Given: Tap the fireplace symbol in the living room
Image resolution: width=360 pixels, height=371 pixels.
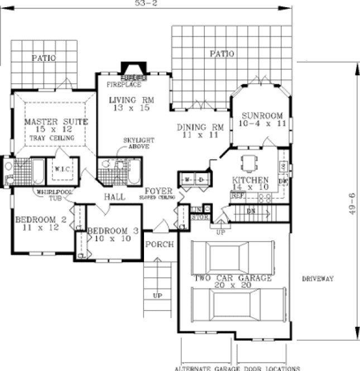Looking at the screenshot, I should click(x=133, y=71).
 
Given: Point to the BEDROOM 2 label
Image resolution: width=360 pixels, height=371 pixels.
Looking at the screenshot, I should click(x=41, y=220).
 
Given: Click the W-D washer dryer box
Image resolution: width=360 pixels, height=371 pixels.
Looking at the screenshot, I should click(x=195, y=179).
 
